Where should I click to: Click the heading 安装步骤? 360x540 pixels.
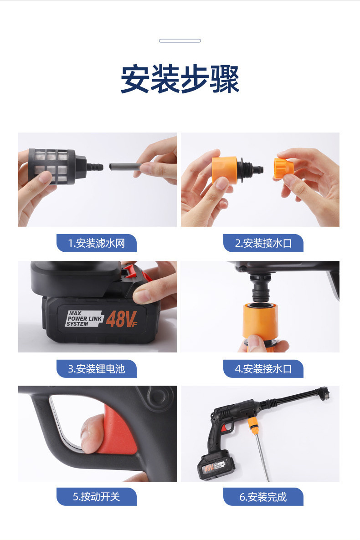(180, 79)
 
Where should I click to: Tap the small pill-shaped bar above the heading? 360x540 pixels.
(180, 41)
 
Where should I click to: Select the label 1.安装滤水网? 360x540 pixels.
(97, 243)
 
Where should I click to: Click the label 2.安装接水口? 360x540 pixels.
(263, 243)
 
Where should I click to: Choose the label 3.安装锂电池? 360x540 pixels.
(97, 369)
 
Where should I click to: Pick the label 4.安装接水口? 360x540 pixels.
(263, 369)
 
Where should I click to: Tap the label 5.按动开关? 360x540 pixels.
(97, 497)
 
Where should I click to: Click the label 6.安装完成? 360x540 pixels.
(263, 497)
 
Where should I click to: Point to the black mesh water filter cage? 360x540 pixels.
(52, 166)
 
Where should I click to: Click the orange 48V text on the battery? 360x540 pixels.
(121, 319)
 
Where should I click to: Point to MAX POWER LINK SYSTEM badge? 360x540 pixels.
(84, 319)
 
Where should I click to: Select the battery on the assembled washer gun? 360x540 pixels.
(216, 465)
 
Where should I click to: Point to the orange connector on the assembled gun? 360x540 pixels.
(253, 426)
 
